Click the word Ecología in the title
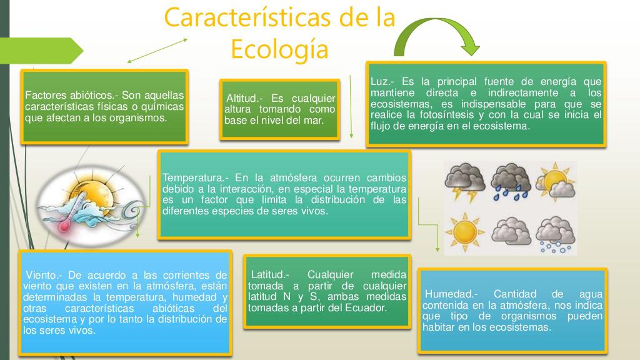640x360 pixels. [x=279, y=50]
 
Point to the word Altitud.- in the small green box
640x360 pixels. [x=244, y=98]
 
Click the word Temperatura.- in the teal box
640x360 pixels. [x=196, y=178]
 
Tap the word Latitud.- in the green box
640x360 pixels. [x=270, y=275]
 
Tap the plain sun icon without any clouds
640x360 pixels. [x=465, y=232]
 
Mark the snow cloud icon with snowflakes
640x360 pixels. [x=555, y=234]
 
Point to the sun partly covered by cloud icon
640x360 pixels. [x=555, y=182]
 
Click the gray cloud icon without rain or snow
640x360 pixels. [x=510, y=231]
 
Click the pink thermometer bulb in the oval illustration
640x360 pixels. [x=64, y=226]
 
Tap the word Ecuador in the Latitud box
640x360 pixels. [x=365, y=307]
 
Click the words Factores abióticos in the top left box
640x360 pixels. [x=70, y=96]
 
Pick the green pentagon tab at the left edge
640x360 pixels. [x=41, y=51]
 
